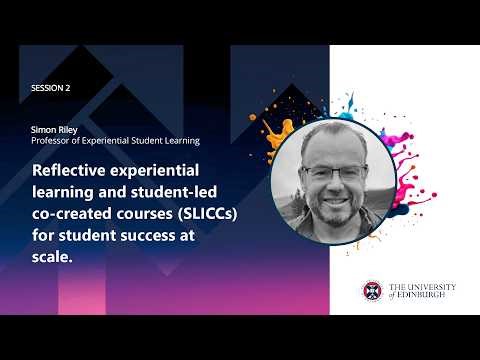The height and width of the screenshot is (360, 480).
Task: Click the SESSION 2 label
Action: click(51, 88)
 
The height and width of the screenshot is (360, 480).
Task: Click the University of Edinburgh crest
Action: click(371, 291)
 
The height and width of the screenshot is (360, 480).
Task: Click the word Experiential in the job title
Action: click(117, 141)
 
